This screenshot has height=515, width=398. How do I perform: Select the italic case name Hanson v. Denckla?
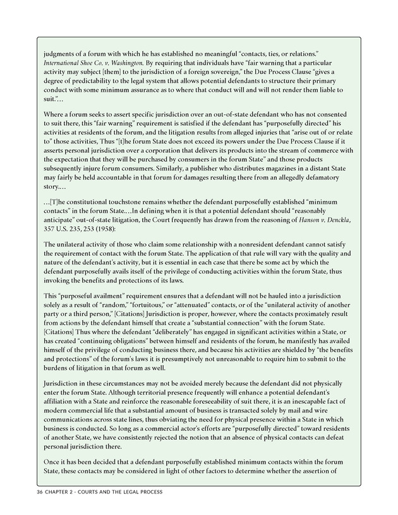click(x=317, y=219)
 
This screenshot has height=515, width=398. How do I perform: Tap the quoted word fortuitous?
click(x=150, y=306)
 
